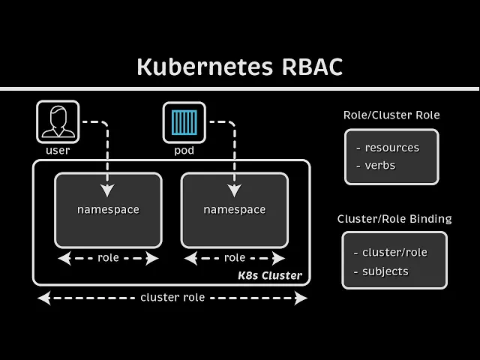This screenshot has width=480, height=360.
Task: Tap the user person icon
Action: pos(58,122)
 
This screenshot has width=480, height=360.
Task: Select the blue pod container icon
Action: pos(184,122)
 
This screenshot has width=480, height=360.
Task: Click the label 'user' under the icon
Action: pos(58,150)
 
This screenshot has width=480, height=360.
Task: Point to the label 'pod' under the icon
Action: pos(184,150)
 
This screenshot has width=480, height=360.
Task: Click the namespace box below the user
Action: pos(108,210)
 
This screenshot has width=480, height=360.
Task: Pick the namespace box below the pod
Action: pos(234,210)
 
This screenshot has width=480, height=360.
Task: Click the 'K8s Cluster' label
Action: pos(270,275)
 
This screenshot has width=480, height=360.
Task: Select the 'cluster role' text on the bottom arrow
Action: pos(172,298)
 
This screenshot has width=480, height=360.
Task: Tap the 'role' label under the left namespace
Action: pos(108,258)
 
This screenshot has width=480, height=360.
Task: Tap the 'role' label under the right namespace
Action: pos(234,258)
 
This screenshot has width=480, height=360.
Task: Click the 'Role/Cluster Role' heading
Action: pos(391,115)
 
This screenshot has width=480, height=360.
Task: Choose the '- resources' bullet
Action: pos(388,148)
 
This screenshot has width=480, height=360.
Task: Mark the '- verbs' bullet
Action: pos(376,165)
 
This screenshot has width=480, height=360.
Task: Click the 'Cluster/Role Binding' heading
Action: pos(394,219)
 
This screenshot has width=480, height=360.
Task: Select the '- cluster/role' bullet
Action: pos(391,252)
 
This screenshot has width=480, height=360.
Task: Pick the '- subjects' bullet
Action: pos(382,271)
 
